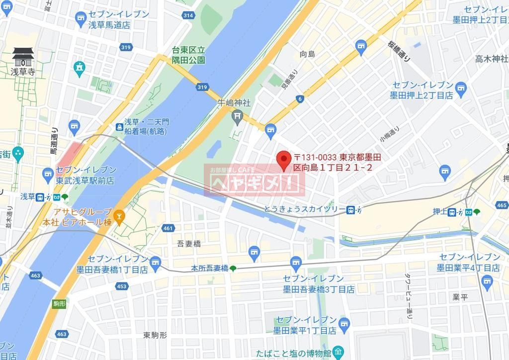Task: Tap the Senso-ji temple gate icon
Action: (23, 57)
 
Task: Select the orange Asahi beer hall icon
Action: (118, 217)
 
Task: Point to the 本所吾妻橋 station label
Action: (210, 268)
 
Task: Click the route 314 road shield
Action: (188, 15)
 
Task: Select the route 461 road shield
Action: (168, 228)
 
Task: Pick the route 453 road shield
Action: (121, 286)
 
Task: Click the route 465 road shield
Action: (502, 205)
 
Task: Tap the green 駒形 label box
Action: (59, 303)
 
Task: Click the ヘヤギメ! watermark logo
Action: (254, 180)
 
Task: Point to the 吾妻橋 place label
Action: (188, 244)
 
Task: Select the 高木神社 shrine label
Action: (491, 59)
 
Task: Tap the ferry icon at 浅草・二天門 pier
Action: (119, 127)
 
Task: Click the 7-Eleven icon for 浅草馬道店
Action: (81, 19)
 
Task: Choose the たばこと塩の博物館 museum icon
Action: (338, 354)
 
